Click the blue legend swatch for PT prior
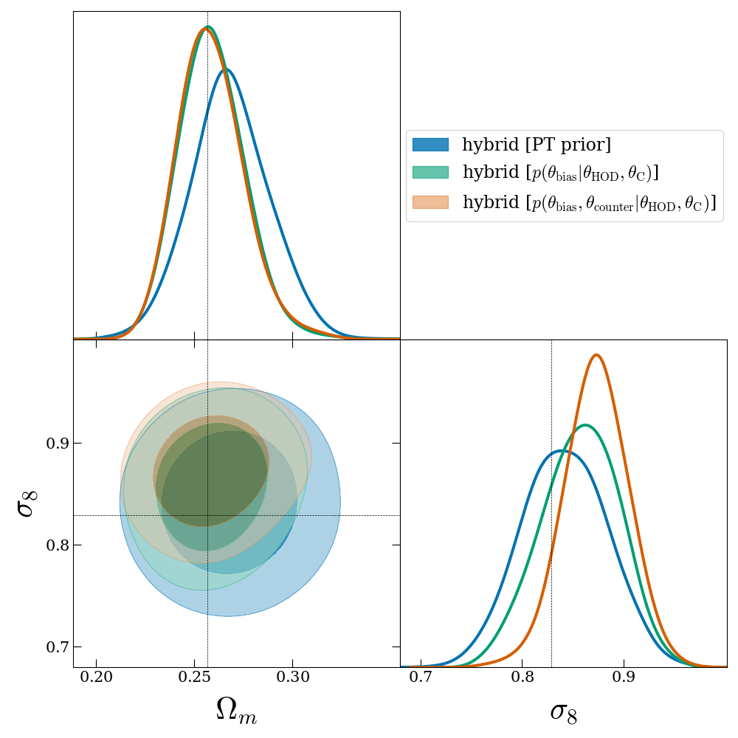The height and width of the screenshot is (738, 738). point(430,145)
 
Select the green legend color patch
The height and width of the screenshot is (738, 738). point(430,173)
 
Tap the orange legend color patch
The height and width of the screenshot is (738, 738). point(430,202)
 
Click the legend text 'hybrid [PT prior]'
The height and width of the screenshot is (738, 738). point(537,145)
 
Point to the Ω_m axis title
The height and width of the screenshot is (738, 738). point(236,711)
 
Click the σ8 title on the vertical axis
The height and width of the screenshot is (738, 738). point(27,503)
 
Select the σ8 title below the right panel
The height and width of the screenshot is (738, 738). point(563,711)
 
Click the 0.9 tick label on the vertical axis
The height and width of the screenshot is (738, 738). point(53,444)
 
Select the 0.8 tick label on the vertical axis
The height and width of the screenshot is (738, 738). point(53,545)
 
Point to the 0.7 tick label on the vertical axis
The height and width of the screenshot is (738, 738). point(53,647)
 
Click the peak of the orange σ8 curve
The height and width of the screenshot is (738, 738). point(596,355)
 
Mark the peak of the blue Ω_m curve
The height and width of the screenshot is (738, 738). point(225,69)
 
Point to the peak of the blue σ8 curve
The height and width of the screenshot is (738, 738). point(562,450)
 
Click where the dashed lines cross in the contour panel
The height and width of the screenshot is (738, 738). point(207,515)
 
